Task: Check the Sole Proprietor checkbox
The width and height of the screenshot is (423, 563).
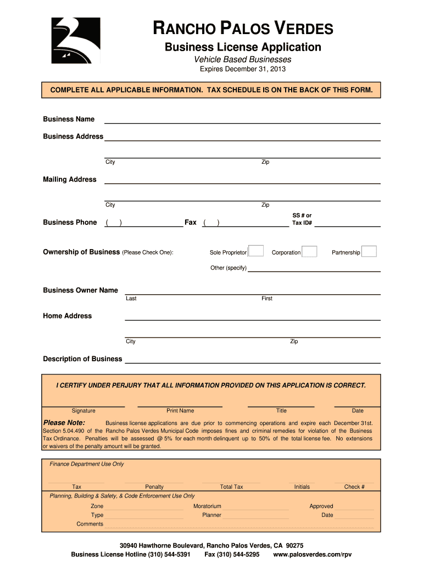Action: (256, 251)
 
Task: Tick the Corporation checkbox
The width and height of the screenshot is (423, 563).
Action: (310, 251)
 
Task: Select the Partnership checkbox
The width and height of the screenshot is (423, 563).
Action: (369, 251)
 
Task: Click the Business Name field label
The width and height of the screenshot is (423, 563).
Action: (69, 119)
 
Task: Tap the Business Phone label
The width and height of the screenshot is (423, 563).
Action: (70, 223)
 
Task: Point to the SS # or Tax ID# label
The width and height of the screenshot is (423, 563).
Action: (302, 219)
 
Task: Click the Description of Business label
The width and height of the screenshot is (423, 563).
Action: (82, 359)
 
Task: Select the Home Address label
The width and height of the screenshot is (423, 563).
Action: (68, 316)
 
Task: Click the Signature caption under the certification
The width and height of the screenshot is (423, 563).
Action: (84, 411)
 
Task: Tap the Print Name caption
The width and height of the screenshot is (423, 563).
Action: (180, 411)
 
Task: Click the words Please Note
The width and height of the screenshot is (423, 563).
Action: (64, 422)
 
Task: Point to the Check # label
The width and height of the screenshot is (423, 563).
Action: (354, 487)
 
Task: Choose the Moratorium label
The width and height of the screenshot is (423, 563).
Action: (207, 506)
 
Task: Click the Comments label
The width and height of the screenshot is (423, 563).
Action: (90, 524)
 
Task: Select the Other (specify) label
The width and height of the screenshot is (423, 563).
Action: (229, 268)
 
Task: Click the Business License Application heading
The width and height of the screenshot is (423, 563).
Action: (243, 47)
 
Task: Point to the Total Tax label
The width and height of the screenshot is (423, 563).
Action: (231, 487)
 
